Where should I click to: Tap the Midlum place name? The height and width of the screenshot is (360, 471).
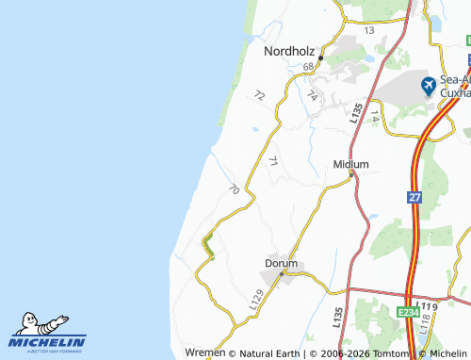[350, 164]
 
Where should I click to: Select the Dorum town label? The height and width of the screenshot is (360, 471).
[281, 263]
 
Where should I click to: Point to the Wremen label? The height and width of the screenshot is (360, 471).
[206, 352]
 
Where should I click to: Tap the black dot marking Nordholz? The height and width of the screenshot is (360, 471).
[320, 58]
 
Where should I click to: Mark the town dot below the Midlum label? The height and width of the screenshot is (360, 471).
[351, 175]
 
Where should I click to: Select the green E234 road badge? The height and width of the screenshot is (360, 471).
[408, 311]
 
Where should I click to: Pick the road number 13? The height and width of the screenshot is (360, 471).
[368, 31]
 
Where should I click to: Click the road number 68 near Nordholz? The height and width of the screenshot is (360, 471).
[309, 67]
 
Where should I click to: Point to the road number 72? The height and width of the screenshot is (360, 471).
[260, 95]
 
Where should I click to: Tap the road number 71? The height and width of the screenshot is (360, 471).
[273, 162]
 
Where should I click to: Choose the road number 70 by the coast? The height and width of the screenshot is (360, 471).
[234, 189]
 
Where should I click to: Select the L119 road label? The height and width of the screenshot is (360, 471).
[430, 308]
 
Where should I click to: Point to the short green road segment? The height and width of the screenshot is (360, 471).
[208, 249]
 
